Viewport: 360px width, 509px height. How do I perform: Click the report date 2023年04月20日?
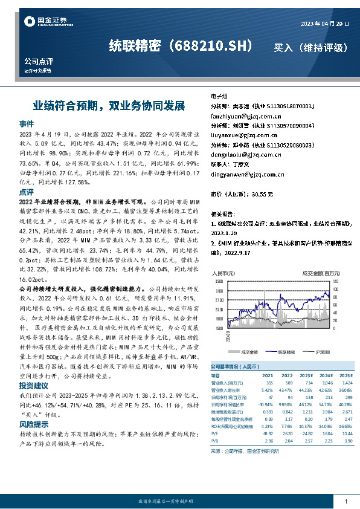[x=324, y=23]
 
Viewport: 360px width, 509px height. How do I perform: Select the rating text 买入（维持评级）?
[x=311, y=47]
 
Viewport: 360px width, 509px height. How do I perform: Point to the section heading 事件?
[x=27, y=123]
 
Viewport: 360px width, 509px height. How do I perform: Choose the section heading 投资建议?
[x=34, y=385]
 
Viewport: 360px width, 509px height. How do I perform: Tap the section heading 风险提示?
[x=34, y=425]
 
